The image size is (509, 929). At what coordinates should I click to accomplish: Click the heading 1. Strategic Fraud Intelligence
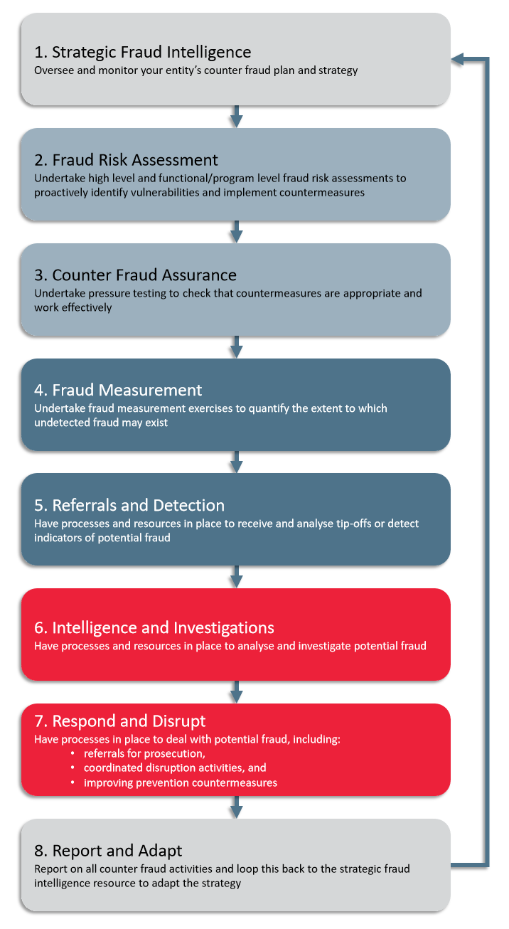click(x=143, y=53)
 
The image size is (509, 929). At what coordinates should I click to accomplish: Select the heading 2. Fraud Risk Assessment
click(x=126, y=160)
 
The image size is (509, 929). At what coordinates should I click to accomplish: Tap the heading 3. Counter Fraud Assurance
click(x=136, y=275)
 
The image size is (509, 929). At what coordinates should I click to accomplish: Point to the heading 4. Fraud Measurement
click(x=118, y=391)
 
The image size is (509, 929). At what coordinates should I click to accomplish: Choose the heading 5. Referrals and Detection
click(x=129, y=505)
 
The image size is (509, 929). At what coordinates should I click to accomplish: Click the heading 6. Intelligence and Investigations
click(x=154, y=628)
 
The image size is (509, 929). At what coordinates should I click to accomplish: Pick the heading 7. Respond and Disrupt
click(x=120, y=721)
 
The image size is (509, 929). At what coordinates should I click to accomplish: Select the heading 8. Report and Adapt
click(x=108, y=851)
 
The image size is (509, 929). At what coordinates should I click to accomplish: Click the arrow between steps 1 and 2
click(x=236, y=117)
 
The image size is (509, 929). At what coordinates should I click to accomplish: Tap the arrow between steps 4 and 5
click(x=236, y=462)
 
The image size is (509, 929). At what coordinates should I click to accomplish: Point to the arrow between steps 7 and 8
click(x=236, y=807)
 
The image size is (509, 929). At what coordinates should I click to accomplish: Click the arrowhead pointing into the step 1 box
click(x=457, y=59)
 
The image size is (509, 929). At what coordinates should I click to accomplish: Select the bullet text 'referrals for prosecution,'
click(x=144, y=753)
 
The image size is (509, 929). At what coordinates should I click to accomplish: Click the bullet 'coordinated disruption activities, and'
click(x=175, y=768)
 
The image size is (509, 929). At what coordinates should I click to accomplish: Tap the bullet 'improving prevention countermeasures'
click(x=181, y=782)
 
